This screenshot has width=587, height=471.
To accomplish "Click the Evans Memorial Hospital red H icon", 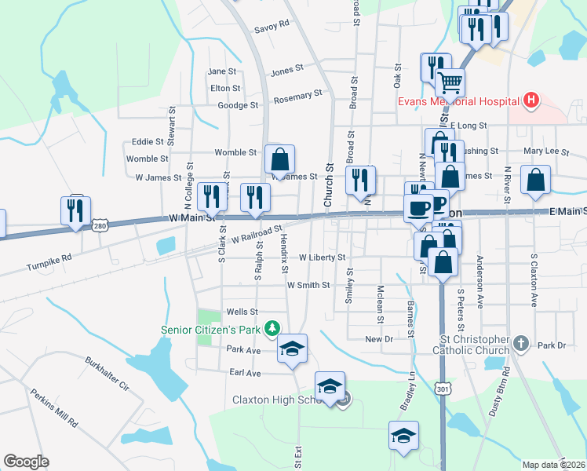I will (x=532, y=100).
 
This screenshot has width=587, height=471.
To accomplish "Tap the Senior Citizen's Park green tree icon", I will (x=272, y=327).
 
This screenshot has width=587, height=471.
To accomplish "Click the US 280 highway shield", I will (x=99, y=225).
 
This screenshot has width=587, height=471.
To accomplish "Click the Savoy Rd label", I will (x=272, y=25).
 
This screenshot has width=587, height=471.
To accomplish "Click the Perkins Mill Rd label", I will (x=54, y=407).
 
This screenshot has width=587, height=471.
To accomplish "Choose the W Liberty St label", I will (x=322, y=257).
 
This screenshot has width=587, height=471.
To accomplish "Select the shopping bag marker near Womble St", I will (x=279, y=160).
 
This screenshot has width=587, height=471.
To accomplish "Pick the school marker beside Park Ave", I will (x=292, y=349).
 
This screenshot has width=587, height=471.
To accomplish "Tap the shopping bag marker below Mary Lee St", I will (x=534, y=180).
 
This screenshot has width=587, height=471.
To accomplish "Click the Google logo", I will (x=26, y=462).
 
